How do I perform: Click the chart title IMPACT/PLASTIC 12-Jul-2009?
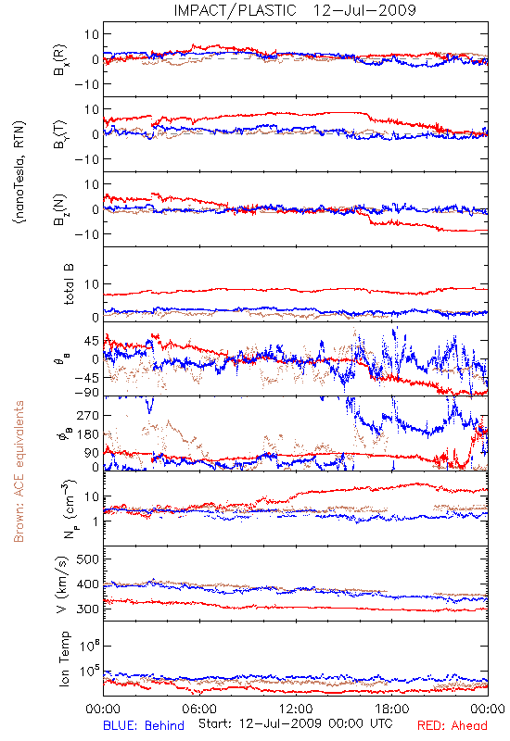pos(295,10)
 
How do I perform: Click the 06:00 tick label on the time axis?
pos(199,709)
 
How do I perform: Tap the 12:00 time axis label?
pos(296,709)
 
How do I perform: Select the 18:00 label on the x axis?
pos(392,709)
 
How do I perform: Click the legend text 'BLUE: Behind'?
pos(144,725)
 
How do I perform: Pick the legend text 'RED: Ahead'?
pos(452,725)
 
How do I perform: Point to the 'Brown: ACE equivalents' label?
pos(19,471)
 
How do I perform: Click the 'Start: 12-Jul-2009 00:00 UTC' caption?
pos(296,723)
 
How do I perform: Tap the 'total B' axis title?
pos(69,284)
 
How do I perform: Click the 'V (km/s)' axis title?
pos(62,584)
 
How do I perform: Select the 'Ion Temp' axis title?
pos(64,659)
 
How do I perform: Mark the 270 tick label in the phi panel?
pos(88,415)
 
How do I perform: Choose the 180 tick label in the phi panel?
pos(88,434)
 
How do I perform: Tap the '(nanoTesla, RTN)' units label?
pos(19,172)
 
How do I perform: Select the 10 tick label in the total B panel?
pos(92,284)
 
